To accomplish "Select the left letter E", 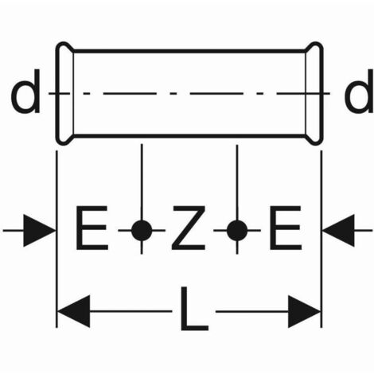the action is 92,228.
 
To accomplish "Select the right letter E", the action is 286,228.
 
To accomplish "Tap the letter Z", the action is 189,228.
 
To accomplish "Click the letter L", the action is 194,309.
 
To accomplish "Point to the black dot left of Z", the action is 142,231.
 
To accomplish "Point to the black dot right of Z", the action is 237,231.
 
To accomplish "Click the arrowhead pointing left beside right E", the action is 338,231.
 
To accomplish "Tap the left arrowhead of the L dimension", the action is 74,311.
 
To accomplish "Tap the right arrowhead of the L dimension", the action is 304,311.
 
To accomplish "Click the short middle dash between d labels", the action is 173,93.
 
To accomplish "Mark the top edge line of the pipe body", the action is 189,50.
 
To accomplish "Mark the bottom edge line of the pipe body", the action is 189,136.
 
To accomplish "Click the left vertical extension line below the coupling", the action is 56,240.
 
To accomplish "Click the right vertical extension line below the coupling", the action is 321,240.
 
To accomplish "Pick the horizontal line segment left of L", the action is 131,311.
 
